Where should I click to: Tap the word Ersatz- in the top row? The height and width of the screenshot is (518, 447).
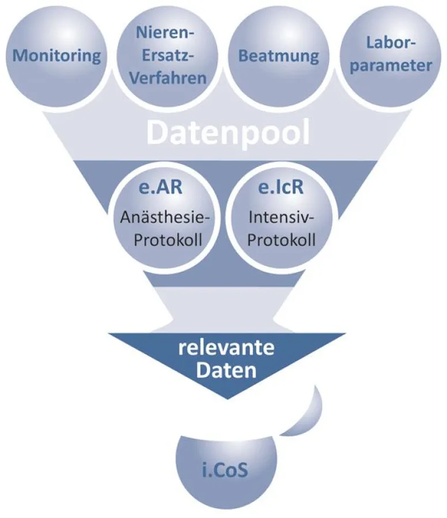166,56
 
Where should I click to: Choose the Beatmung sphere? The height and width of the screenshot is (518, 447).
278,56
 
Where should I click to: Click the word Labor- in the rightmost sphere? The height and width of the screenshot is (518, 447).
390,43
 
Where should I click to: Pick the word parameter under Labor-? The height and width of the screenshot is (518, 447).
390,65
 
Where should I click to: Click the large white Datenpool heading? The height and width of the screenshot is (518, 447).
228,132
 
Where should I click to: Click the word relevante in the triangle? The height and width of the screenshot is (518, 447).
224,349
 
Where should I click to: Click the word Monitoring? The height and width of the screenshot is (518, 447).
56,56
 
